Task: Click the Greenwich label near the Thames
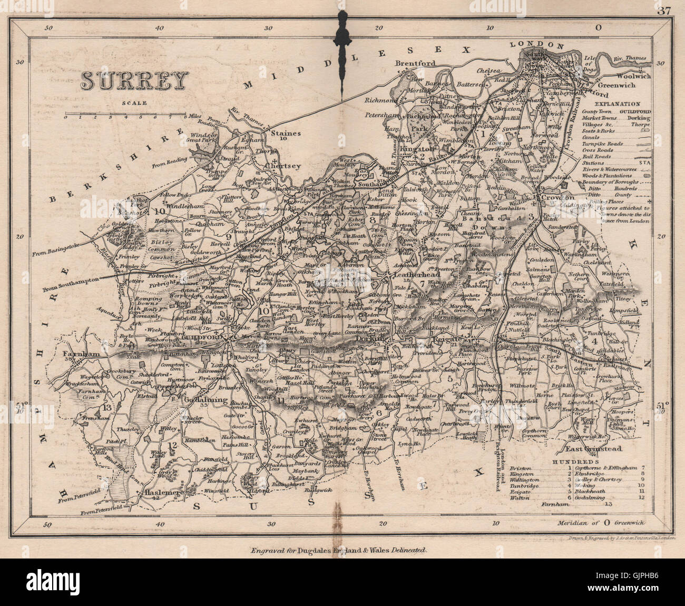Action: (x=615, y=85)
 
